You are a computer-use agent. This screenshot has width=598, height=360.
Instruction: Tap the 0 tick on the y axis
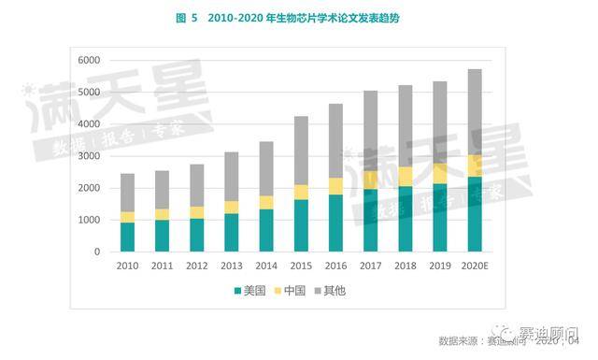[x=96, y=252]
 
